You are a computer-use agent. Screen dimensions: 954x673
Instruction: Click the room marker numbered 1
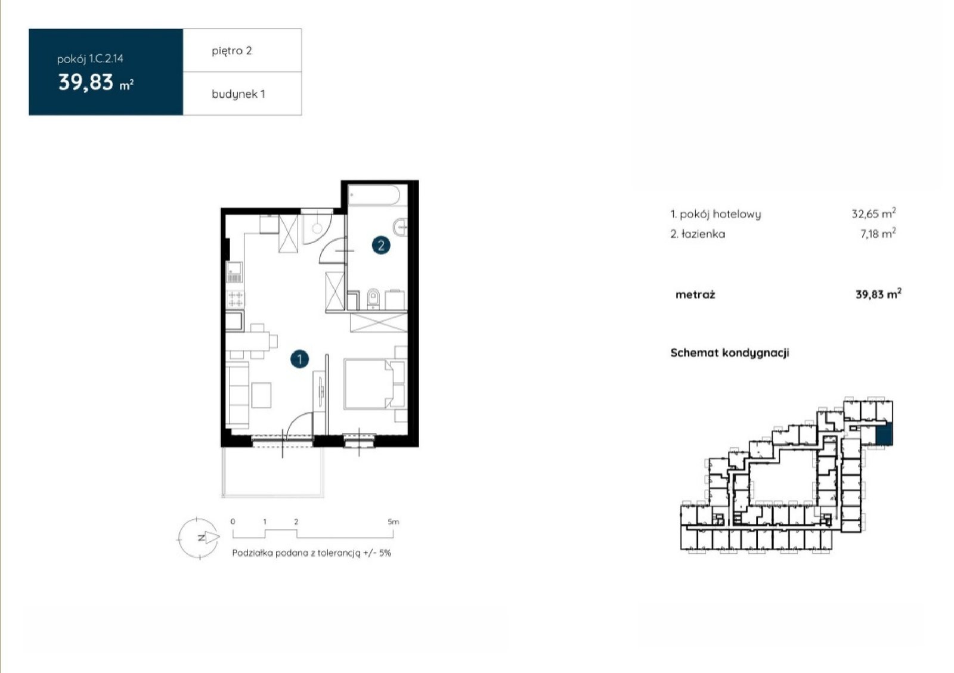click(299, 359)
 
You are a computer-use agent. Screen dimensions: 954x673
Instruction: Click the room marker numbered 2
click(381, 245)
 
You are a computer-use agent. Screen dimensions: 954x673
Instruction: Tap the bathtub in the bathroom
click(374, 196)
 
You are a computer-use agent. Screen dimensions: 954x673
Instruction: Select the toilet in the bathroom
click(373, 299)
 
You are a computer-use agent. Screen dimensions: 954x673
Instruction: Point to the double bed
click(369, 384)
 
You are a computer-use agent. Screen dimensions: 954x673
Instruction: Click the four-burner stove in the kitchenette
click(235, 299)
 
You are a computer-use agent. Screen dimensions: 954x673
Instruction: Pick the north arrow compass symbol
click(199, 538)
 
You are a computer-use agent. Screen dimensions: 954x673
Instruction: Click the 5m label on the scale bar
click(393, 522)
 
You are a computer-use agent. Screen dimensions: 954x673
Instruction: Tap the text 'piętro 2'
click(232, 51)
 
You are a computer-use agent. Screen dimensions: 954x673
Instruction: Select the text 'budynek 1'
click(238, 94)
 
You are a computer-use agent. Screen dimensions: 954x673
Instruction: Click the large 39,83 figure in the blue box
click(86, 82)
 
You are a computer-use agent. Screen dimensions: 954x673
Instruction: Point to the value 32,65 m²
click(874, 213)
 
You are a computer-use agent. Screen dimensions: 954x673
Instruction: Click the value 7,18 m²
click(878, 233)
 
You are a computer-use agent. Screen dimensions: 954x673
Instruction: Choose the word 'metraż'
click(695, 294)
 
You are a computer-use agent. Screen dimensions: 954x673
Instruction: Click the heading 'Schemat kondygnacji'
click(730, 353)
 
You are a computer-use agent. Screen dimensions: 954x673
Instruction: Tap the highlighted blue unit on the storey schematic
click(884, 435)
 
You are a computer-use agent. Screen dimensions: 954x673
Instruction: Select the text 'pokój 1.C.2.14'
click(90, 59)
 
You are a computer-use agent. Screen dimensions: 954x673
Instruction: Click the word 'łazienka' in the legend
click(703, 234)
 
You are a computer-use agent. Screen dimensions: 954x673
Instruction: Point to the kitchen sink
click(234, 272)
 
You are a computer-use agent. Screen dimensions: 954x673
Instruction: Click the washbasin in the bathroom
click(401, 227)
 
